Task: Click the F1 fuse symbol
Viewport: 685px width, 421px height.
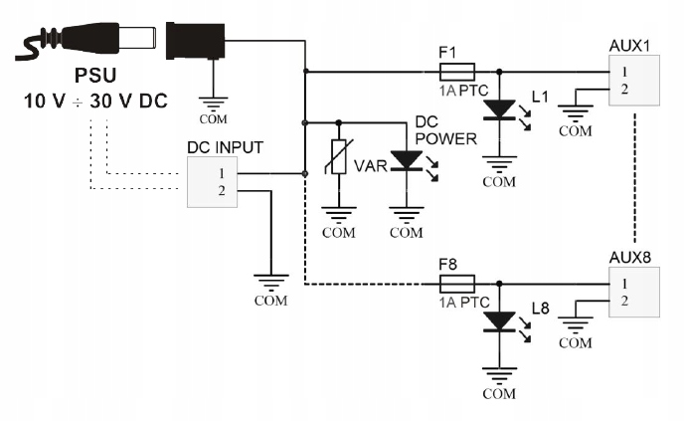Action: (x=456, y=72)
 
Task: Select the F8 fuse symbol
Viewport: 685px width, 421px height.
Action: (x=456, y=284)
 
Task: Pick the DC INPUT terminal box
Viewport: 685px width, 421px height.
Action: (x=213, y=181)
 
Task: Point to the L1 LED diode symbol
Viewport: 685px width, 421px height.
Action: (x=499, y=108)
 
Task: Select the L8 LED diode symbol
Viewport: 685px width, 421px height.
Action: (x=499, y=320)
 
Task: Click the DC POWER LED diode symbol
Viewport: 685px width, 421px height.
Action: (x=406, y=159)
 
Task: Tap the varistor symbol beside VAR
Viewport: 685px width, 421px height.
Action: (x=340, y=159)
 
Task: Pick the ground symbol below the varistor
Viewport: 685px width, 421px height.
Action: (x=340, y=218)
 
